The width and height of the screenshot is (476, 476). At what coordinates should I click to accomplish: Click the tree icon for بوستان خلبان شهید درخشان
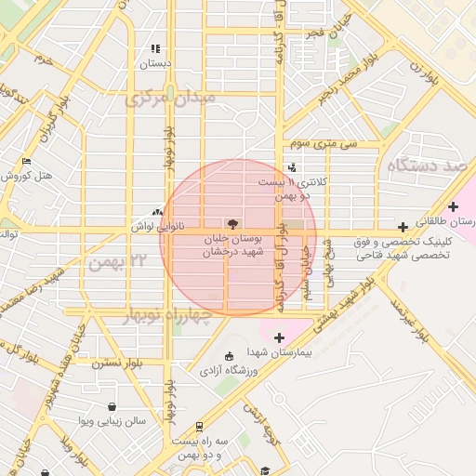click(231, 223)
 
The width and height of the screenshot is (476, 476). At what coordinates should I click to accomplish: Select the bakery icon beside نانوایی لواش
click(156, 213)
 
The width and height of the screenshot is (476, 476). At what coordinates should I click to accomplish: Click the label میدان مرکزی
click(171, 97)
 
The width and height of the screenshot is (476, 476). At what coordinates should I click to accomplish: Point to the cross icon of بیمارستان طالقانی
click(453, 206)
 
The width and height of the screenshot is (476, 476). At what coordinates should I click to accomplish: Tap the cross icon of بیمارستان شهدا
click(279, 336)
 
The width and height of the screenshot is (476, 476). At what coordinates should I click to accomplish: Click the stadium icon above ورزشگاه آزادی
click(229, 356)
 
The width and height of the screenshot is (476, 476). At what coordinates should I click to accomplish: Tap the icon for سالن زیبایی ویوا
click(112, 406)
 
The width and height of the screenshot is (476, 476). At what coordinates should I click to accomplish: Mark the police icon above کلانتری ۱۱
click(294, 167)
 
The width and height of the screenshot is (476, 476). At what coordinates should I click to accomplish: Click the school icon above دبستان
click(155, 48)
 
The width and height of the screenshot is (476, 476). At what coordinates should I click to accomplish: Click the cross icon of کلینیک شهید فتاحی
click(403, 227)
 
